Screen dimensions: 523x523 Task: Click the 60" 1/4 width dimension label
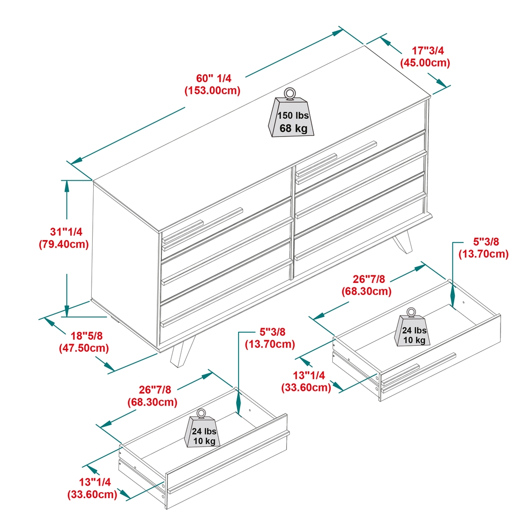(x=213, y=78)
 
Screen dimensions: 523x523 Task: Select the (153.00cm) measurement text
(x=212, y=91)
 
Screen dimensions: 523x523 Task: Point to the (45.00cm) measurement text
(x=425, y=63)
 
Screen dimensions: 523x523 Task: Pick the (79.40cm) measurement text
(x=63, y=244)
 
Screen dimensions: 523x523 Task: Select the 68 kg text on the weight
(x=293, y=128)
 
